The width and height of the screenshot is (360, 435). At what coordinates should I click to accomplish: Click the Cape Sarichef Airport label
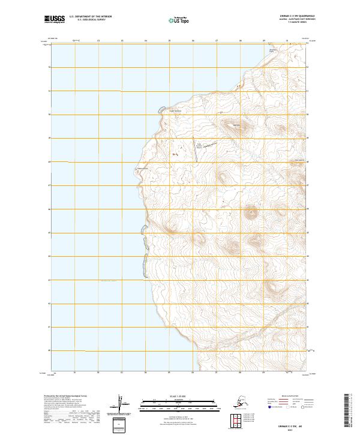(203, 145)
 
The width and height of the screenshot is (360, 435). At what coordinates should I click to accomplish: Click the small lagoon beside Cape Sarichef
(160, 109)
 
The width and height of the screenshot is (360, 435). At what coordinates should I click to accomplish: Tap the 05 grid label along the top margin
(169, 41)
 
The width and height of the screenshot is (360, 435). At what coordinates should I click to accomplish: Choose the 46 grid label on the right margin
(308, 209)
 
